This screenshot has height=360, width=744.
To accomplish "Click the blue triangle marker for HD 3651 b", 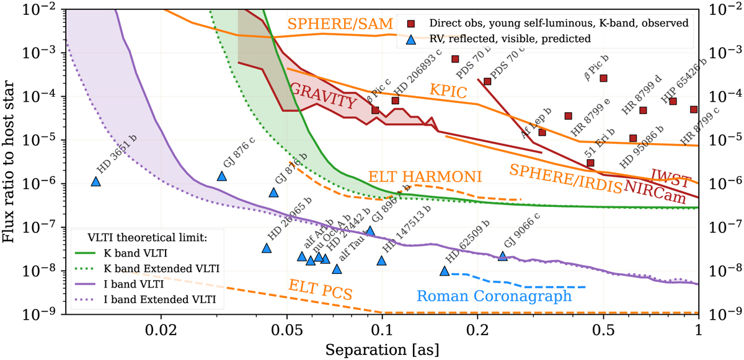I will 95,181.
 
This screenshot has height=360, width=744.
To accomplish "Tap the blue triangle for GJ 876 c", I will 222,176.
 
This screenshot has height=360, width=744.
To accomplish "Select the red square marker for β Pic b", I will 603,78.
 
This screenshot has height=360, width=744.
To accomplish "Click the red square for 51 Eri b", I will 590,163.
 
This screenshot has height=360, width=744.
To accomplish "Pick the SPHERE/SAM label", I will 340,24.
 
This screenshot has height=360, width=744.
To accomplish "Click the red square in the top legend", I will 410,24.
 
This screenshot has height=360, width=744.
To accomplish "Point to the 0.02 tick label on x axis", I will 161,329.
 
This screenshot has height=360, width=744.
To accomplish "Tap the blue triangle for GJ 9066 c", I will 502,256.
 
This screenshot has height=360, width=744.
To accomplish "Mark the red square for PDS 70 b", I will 454,59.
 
